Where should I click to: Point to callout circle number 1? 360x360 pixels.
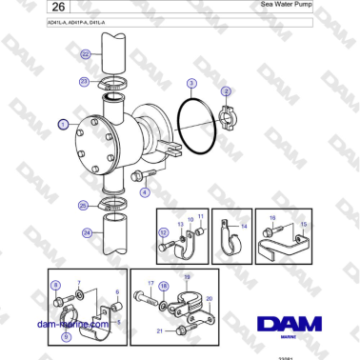[x=63, y=124]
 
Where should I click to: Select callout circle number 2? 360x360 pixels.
[x=226, y=91]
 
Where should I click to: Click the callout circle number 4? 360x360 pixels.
[x=145, y=191]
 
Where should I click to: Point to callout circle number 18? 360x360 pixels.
[x=164, y=285]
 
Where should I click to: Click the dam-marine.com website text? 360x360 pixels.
[x=73, y=325]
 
